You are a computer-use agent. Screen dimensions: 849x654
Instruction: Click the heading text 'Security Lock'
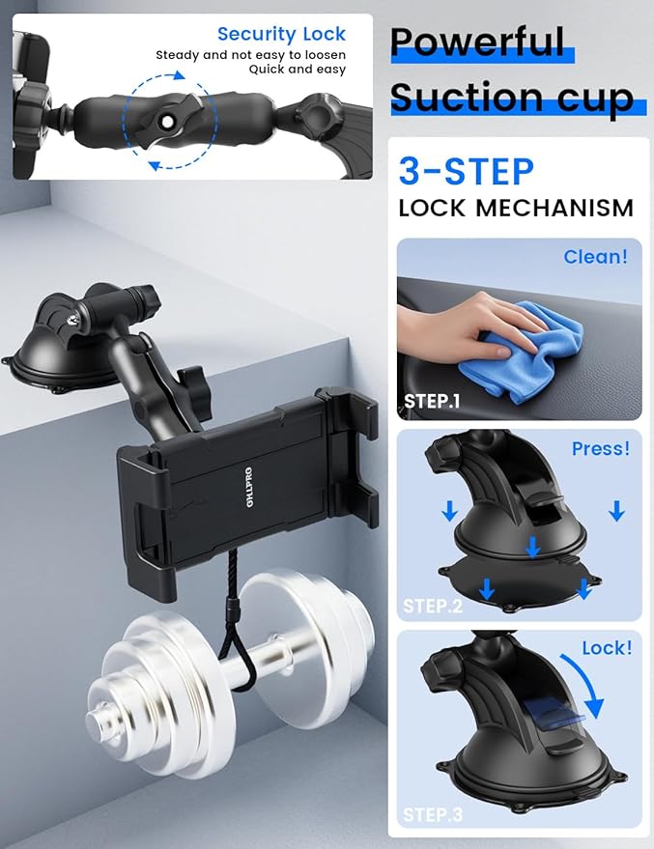tap(281, 35)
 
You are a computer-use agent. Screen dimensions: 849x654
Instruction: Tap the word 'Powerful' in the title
tap(477, 42)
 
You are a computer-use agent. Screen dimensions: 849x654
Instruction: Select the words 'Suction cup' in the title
tap(512, 98)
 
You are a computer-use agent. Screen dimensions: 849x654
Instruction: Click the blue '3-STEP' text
tap(466, 172)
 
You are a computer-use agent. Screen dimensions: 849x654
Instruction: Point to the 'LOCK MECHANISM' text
tap(516, 208)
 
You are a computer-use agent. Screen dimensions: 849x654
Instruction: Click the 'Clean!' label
tap(595, 257)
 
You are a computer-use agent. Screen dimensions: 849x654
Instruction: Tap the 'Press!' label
tap(600, 448)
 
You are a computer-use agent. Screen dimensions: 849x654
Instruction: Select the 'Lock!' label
tap(607, 647)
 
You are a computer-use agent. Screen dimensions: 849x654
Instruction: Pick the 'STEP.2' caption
tap(433, 606)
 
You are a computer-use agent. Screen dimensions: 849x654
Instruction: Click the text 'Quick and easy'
tap(297, 70)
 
